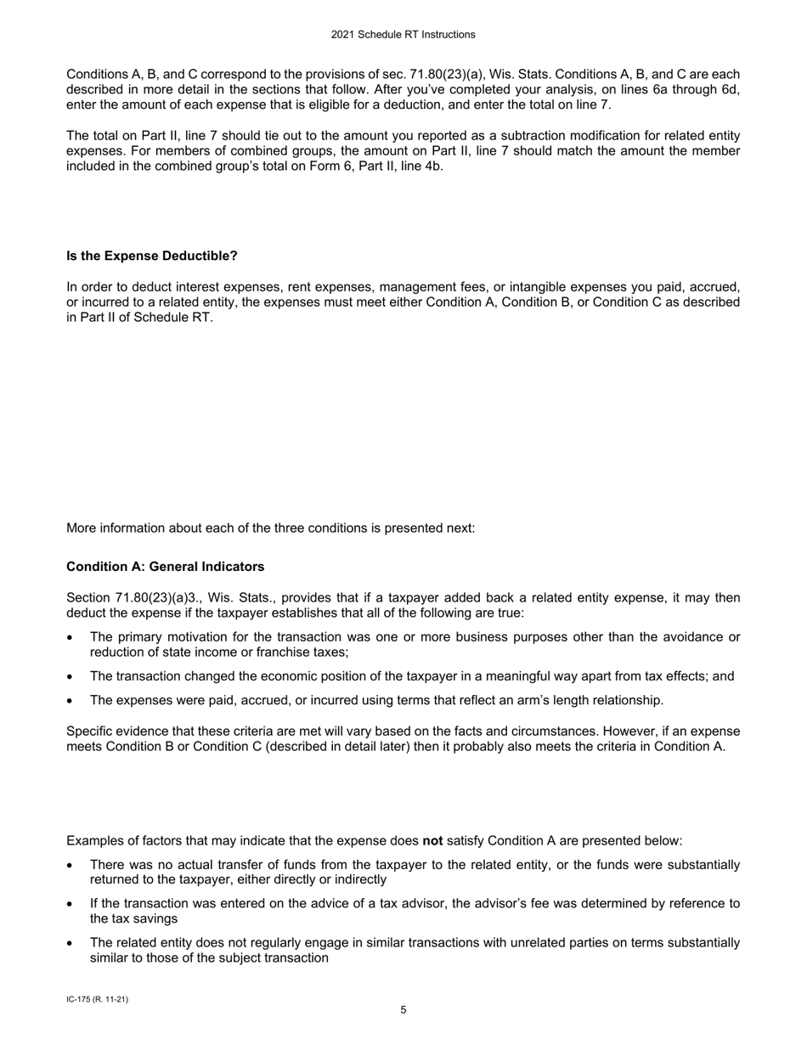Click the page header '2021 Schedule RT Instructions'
click(x=403, y=35)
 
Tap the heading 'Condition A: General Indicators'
click(x=165, y=567)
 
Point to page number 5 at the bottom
click(x=403, y=1010)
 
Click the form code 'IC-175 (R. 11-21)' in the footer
click(x=97, y=999)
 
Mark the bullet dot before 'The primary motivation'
click(x=71, y=638)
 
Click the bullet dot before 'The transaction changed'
click(x=71, y=677)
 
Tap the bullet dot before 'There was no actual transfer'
click(x=71, y=866)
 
